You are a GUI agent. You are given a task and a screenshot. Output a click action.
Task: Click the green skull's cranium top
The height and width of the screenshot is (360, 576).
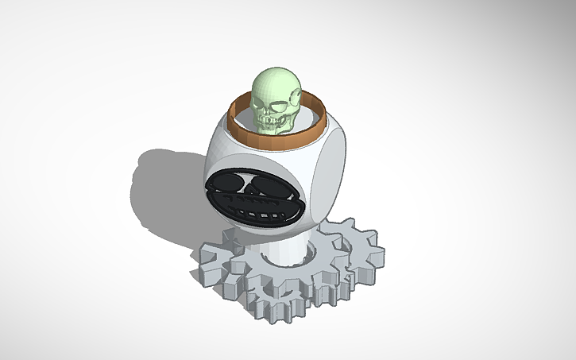click(275, 78)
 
